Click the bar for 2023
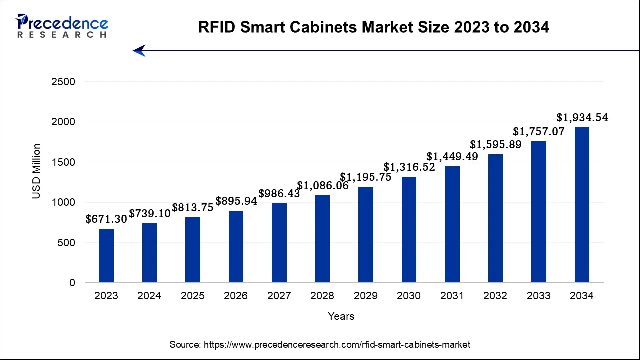(x=106, y=256)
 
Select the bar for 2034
(x=582, y=205)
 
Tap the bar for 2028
(x=322, y=239)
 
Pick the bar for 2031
(x=452, y=224)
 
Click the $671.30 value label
(x=106, y=219)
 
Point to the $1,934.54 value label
(x=582, y=118)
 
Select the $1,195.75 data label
(x=366, y=177)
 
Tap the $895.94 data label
(x=236, y=201)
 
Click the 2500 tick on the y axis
(x=63, y=82)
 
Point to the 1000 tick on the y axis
(x=63, y=202)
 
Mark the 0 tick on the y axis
(x=72, y=283)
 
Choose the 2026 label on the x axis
(x=236, y=296)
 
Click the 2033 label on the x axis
(x=538, y=296)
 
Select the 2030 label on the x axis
(x=409, y=296)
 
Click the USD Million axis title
(x=37, y=171)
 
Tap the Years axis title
(x=341, y=316)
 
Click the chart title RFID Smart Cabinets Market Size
(x=373, y=27)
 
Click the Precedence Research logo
(x=62, y=26)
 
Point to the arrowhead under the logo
(x=139, y=50)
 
